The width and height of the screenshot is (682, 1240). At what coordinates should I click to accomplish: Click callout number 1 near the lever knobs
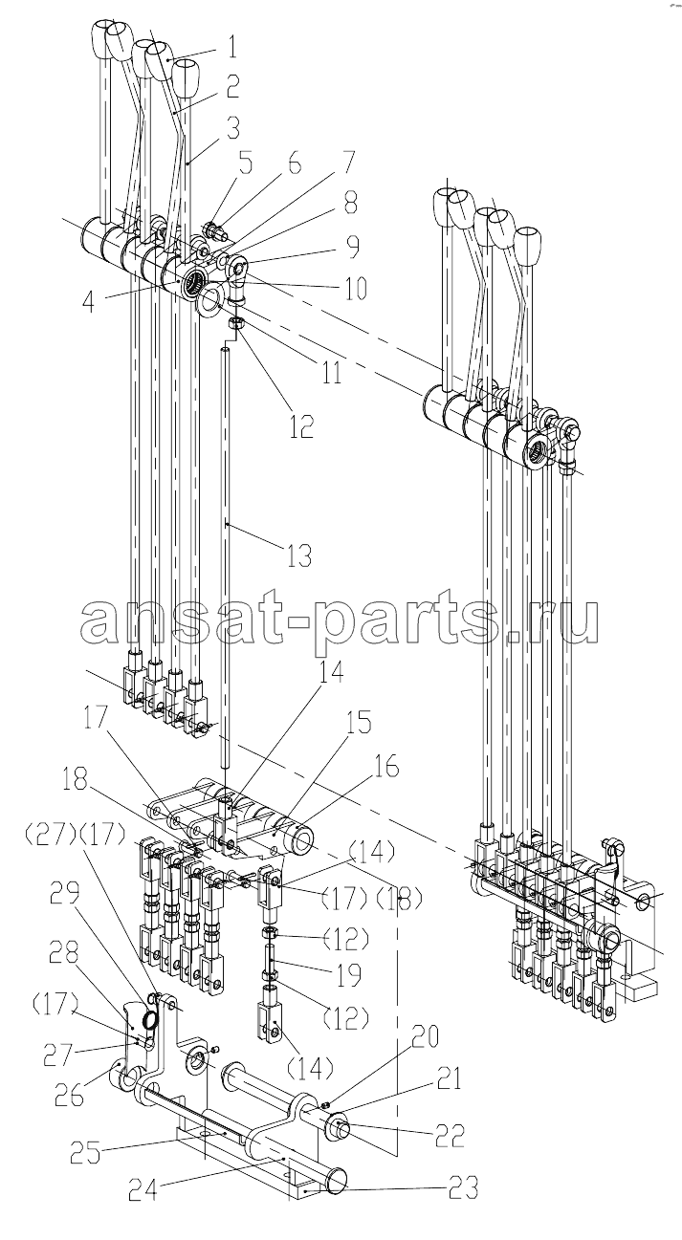click(231, 47)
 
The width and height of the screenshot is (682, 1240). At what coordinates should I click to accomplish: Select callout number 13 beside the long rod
click(299, 555)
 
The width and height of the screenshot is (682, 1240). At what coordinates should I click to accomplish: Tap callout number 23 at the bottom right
click(463, 1186)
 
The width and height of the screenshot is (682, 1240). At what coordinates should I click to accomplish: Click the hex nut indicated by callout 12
click(237, 322)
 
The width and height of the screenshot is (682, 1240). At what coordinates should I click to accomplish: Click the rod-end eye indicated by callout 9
click(236, 268)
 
